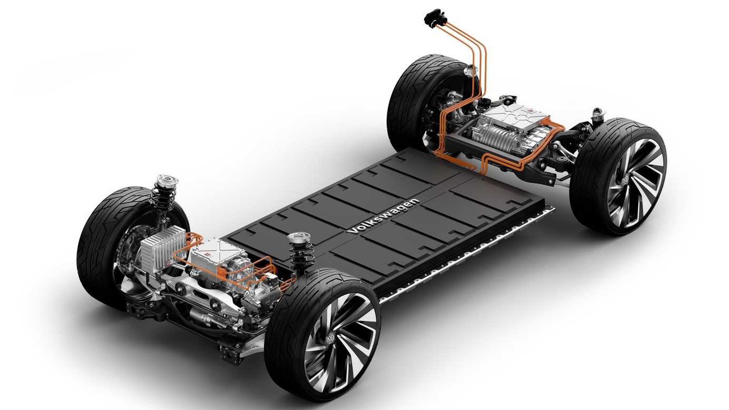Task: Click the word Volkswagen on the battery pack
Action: click(x=384, y=216)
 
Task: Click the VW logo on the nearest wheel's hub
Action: click(x=330, y=339)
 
